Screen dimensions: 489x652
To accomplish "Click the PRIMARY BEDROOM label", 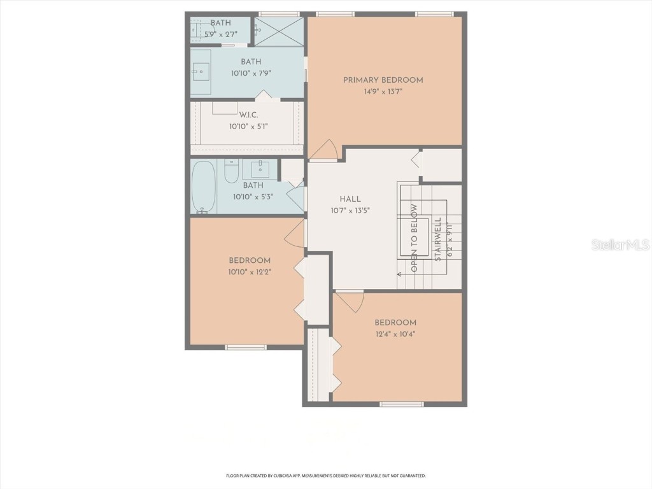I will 383,80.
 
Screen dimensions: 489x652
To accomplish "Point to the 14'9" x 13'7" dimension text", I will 383,92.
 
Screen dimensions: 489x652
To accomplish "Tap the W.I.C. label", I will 248,115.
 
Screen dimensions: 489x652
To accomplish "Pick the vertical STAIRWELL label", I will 438,242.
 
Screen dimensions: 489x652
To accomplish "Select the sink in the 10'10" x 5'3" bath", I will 260,169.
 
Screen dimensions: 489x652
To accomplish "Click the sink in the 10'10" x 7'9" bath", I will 201,72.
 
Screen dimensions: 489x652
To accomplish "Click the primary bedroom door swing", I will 325,150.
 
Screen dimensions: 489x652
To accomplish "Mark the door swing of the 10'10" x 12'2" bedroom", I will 294,234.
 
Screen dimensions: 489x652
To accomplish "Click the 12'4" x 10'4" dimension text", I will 395,334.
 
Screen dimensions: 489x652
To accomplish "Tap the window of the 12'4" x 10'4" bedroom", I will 400,404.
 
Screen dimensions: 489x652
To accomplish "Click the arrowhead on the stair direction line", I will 399,274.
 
